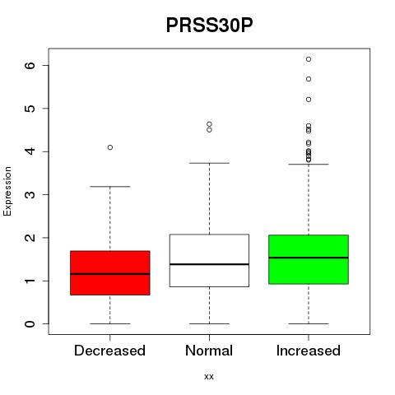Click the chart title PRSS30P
pos(209,26)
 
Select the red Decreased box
pos(110,273)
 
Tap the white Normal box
pos(209,261)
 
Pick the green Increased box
pos(309,259)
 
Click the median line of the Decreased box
pos(110,274)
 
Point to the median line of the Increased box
pos(309,258)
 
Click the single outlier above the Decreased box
pos(110,147)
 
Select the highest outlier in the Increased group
pos(309,59)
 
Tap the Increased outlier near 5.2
pos(309,100)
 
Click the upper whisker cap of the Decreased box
pos(110,187)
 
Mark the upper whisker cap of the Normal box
pos(209,163)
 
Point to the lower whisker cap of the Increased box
pos(309,323)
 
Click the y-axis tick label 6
pos(30,65)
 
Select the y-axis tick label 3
pos(30,194)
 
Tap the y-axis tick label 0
pos(30,323)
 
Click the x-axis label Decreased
pos(109,351)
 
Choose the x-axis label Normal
pos(209,351)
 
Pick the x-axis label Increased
pos(309,351)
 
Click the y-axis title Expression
pos(7,191)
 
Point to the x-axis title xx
pos(209,377)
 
